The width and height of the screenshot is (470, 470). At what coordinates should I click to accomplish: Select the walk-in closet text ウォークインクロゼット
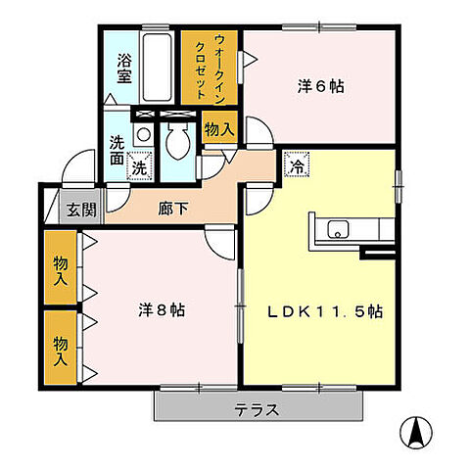(210, 65)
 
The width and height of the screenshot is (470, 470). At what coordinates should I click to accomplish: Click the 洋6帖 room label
(320, 86)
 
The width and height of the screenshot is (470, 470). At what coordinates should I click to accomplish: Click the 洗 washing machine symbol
(140, 167)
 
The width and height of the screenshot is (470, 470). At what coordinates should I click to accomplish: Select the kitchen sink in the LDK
(336, 232)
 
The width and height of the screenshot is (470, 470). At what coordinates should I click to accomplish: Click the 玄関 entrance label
(81, 209)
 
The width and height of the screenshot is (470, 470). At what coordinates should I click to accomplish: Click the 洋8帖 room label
(162, 310)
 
